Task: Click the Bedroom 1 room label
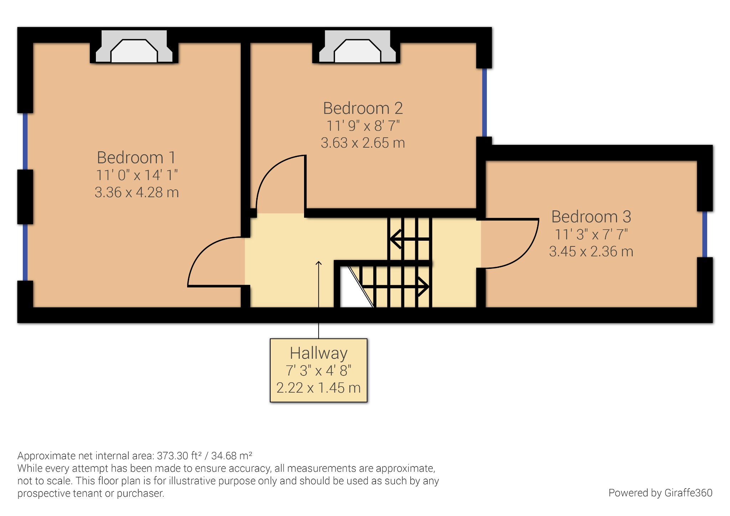coord(136,157)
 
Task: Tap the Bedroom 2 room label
coord(363,108)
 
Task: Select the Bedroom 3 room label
coord(591,216)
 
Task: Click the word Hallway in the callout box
coord(318,353)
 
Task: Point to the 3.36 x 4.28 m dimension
coord(137,192)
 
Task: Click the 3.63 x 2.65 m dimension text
coord(363,143)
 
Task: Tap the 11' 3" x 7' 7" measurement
coord(591,234)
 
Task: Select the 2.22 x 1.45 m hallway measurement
coord(318,388)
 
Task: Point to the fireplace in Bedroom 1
coord(134,50)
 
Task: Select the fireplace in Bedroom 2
coord(357,50)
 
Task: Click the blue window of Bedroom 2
coord(484,102)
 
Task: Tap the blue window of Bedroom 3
coord(704,234)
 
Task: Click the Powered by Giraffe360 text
coord(660,493)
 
